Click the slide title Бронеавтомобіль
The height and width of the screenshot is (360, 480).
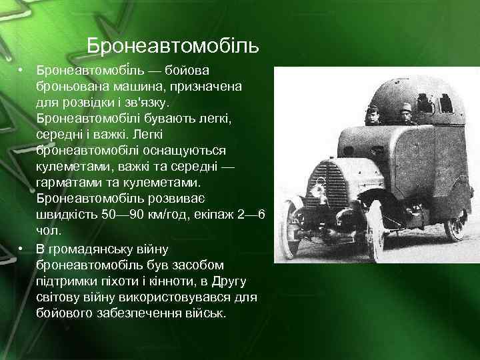(x=173, y=47)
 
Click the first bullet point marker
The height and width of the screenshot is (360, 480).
(x=21, y=69)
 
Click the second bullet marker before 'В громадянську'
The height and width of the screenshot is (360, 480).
(x=21, y=248)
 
